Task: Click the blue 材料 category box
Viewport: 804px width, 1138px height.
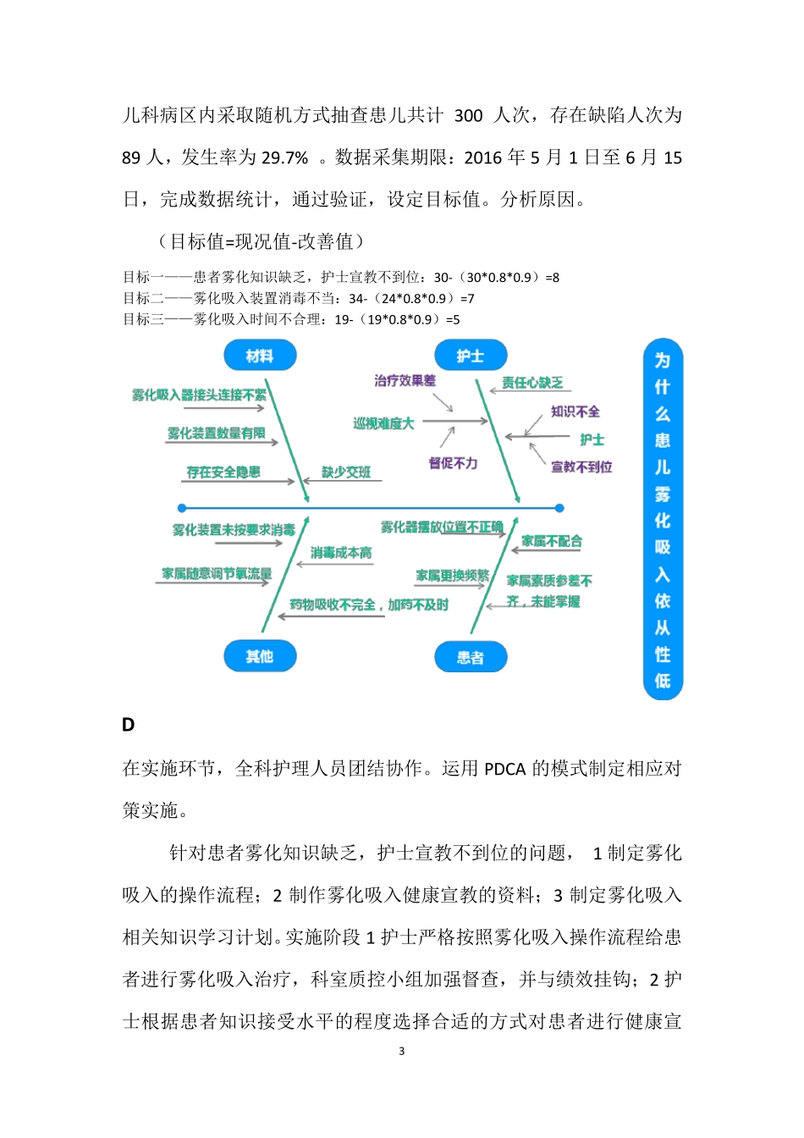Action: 260,356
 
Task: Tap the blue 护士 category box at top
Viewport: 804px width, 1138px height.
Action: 470,356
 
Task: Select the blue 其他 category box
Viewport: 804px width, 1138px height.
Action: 260,656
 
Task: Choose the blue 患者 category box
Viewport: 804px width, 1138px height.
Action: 470,657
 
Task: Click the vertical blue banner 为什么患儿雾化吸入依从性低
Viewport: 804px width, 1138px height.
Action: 663,519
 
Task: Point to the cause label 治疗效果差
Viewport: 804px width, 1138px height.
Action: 405,381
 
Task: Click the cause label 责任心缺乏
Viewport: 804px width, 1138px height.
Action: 532,383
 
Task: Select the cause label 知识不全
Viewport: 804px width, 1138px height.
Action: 575,412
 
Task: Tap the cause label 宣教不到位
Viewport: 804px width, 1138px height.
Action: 581,467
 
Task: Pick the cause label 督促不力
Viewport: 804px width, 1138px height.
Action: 453,463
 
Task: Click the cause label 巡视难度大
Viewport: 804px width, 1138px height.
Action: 383,423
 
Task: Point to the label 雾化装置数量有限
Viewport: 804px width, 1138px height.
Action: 216,434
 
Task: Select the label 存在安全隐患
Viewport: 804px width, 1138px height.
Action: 223,472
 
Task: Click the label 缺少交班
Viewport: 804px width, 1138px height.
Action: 346,472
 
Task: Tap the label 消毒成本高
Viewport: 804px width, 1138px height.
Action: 341,553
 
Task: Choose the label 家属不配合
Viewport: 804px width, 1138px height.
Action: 552,541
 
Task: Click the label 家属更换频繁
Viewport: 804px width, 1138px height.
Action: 452,576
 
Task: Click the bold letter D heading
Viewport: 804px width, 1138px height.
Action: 129,725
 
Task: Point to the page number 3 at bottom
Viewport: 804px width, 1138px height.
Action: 401,1052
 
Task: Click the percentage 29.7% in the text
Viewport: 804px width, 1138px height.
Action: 285,158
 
